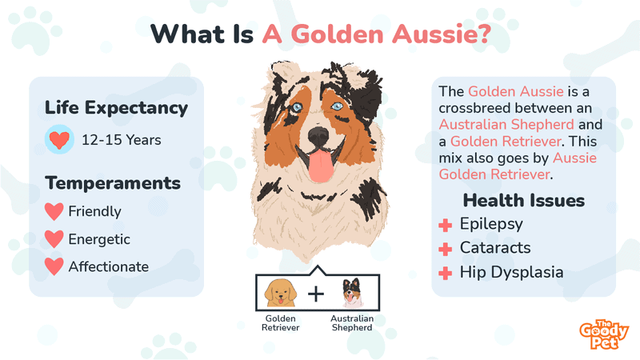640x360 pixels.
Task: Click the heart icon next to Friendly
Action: tap(54, 211)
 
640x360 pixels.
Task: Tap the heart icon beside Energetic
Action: tap(54, 238)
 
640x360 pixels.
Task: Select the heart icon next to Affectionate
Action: tap(54, 266)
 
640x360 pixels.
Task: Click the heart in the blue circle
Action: tap(59, 140)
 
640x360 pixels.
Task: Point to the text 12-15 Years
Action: tap(122, 140)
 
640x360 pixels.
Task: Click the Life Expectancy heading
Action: tap(116, 108)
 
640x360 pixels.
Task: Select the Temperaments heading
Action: tap(113, 183)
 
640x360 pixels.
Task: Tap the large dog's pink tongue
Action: tap(322, 165)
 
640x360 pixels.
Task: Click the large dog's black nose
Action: tap(318, 135)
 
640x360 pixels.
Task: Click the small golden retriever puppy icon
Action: tap(281, 293)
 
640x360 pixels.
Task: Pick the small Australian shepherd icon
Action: tap(352, 293)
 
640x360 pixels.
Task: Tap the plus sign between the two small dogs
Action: tap(316, 294)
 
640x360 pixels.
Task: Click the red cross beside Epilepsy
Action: tap(446, 225)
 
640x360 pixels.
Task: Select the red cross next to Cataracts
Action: tap(446, 249)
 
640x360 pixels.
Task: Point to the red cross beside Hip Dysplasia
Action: tap(446, 273)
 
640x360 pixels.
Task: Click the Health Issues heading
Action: tap(524, 201)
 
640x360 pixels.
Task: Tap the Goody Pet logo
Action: tap(604, 334)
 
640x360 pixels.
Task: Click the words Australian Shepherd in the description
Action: tap(506, 125)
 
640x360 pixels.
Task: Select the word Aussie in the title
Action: tap(442, 34)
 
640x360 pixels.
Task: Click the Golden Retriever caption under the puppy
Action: tap(281, 323)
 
